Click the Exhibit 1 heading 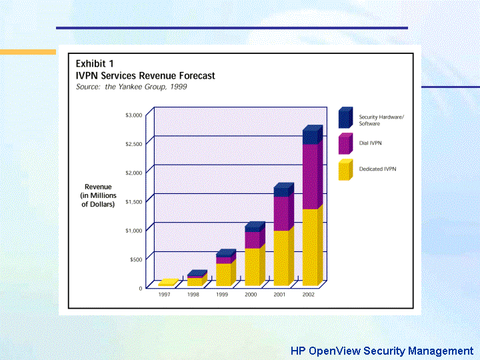[95, 63]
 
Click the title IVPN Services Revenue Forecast [145, 76]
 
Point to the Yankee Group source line [131, 87]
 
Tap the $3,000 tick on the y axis [133, 115]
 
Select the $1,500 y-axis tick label [133, 201]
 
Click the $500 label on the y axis [135, 259]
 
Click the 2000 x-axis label [251, 294]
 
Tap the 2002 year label [308, 294]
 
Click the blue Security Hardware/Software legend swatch [345, 119]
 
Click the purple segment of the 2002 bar [311, 177]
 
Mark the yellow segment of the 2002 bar [311, 247]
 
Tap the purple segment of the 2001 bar [283, 213]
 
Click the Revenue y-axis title [98, 195]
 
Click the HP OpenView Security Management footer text [381, 351]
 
